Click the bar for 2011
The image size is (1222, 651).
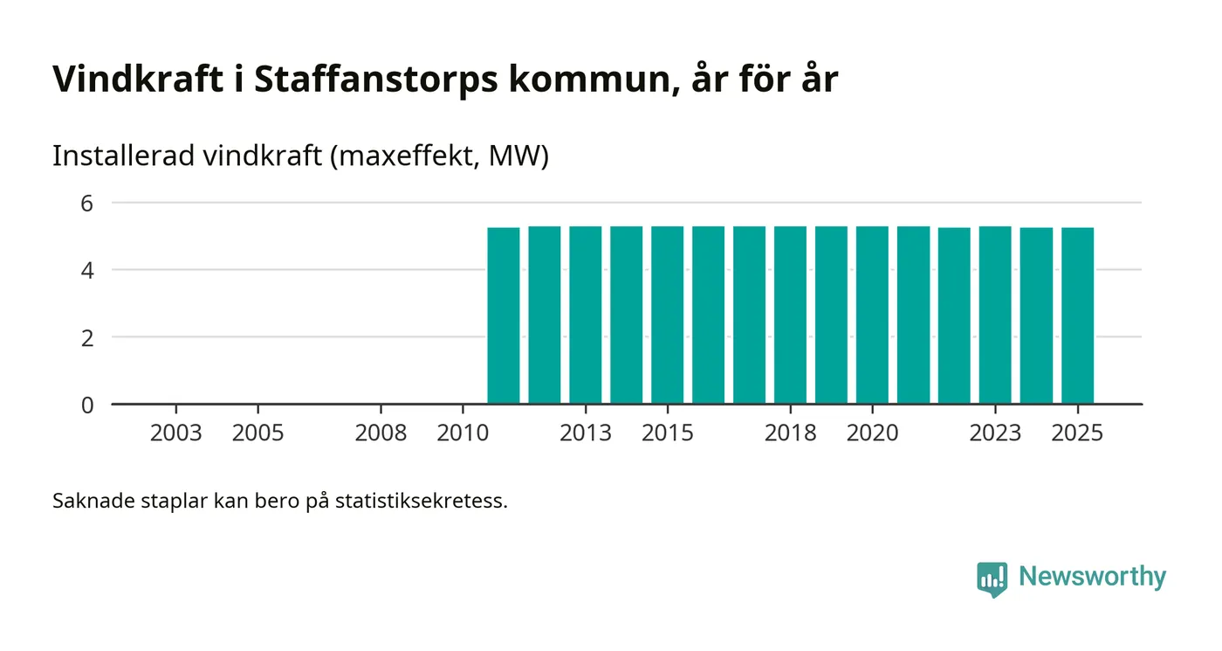[x=503, y=315]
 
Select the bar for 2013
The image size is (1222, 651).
[x=585, y=315]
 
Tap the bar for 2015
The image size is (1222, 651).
[x=667, y=315]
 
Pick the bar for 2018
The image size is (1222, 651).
[x=790, y=315]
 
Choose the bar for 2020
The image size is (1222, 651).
[x=872, y=315]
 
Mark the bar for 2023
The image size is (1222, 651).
[x=995, y=315]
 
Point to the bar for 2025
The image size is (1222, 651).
[x=1077, y=315]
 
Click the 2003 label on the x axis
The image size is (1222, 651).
[x=175, y=433]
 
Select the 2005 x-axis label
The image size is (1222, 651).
[x=257, y=433]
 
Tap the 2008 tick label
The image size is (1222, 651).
[x=381, y=433]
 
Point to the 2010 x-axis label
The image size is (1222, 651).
[x=463, y=433]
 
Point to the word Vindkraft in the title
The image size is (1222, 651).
[x=138, y=80]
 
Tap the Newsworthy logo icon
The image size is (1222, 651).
[x=992, y=578]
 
